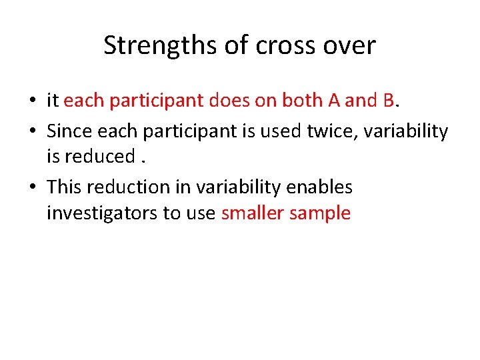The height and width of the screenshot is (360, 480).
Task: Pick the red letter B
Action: click(x=389, y=101)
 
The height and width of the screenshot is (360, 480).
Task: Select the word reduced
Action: click(x=99, y=157)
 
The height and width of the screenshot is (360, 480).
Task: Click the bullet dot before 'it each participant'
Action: click(x=32, y=102)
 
